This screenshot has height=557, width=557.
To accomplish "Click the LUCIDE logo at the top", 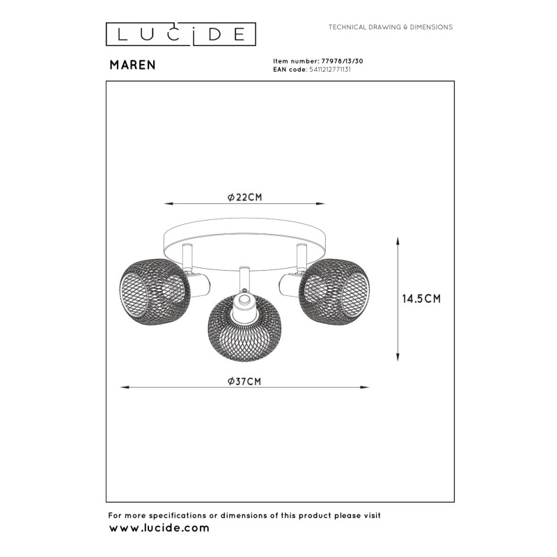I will point(180,33).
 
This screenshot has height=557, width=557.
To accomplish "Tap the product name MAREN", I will point(132,65).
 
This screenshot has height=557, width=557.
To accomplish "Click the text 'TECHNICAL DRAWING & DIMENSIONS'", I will point(391,27).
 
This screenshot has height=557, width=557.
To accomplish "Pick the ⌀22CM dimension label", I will point(244,197).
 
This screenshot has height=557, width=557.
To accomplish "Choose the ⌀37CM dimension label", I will point(244,381).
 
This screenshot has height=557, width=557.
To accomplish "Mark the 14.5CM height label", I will point(422,299).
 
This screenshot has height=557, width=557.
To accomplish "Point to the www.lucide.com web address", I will point(159,528).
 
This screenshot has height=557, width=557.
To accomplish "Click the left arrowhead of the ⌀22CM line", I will point(166,204).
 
